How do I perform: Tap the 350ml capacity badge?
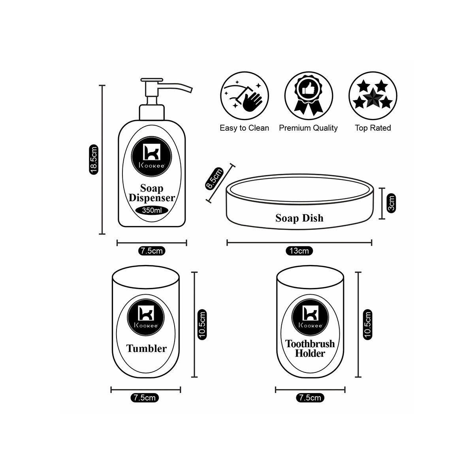tap(152, 211)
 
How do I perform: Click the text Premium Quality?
tap(308, 128)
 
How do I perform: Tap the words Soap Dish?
tap(299, 218)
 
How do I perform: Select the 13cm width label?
tap(299, 251)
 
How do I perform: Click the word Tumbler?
tap(147, 348)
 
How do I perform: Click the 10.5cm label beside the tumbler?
tap(202, 325)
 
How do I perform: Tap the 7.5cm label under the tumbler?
tap(145, 398)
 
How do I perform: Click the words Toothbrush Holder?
tap(310, 348)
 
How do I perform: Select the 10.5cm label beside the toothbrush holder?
tap(367, 325)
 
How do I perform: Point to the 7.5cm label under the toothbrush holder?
tap(310, 398)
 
